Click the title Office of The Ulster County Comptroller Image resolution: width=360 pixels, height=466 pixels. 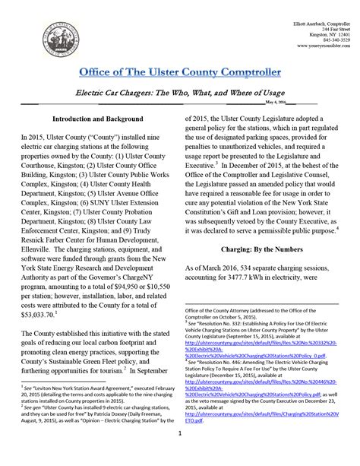click(179, 71)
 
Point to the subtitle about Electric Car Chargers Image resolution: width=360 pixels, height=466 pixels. click(179, 90)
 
